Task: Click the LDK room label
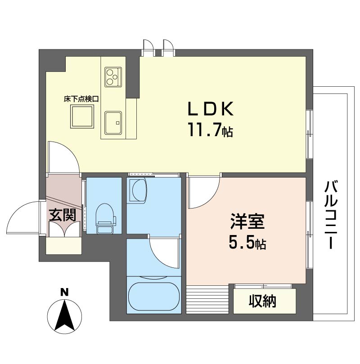click(x=211, y=110)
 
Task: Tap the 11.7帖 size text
click(x=210, y=131)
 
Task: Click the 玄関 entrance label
click(x=63, y=215)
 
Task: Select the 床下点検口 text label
click(x=81, y=98)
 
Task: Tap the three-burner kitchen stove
click(x=113, y=76)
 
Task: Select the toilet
click(x=104, y=218)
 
